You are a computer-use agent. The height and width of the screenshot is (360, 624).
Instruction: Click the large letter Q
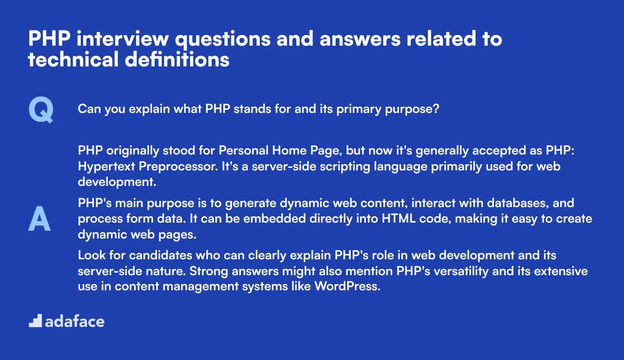point(41,109)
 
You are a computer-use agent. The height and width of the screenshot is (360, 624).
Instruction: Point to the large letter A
point(40,219)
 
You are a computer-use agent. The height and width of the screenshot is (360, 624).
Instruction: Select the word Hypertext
point(106,166)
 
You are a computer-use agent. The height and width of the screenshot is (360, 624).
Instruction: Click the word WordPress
point(347,286)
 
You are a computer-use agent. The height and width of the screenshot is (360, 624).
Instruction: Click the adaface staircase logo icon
point(35,321)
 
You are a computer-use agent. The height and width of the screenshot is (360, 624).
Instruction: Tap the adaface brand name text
point(75,322)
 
